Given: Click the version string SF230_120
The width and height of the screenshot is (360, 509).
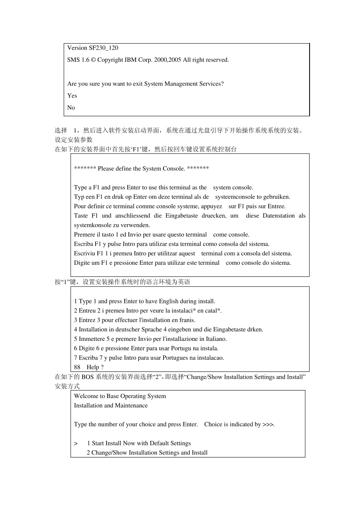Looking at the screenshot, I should pyautogui.click(x=103, y=48).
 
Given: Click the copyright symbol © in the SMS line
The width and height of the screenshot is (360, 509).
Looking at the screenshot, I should pyautogui.click(x=93, y=60).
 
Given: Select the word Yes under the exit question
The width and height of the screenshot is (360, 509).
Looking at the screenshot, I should pyautogui.click(x=72, y=96).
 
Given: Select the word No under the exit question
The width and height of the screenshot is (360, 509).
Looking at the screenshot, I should pyautogui.click(x=71, y=108).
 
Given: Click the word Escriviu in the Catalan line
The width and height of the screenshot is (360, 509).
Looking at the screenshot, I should pyautogui.click(x=85, y=254).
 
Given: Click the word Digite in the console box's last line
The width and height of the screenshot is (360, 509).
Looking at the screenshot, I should pyautogui.click(x=82, y=263).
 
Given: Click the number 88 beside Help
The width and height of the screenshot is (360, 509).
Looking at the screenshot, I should pyautogui.click(x=77, y=367).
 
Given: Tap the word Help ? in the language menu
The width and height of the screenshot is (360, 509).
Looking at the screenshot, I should pyautogui.click(x=95, y=367).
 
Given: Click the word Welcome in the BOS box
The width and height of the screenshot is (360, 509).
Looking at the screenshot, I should pyautogui.click(x=86, y=396).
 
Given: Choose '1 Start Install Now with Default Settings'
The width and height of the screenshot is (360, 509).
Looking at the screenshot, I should pyautogui.click(x=139, y=443).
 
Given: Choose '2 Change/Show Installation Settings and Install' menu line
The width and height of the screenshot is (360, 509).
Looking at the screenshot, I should pyautogui.click(x=147, y=453).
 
